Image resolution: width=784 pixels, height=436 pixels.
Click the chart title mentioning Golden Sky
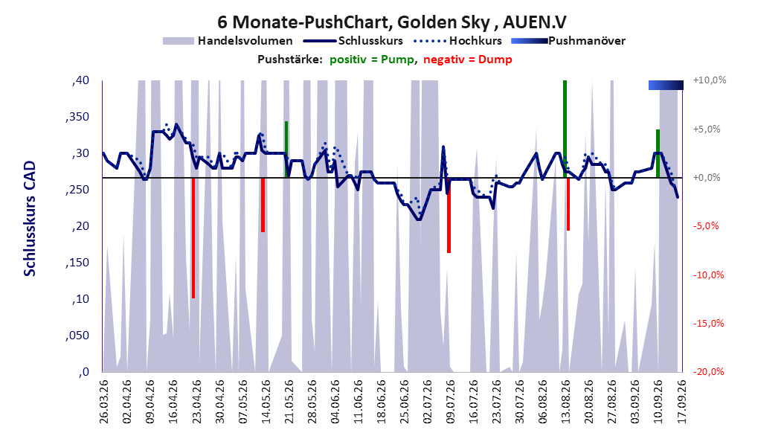coord(392,22)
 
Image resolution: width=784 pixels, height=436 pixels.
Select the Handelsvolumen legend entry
coord(228,41)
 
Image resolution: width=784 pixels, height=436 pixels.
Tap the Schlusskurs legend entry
coord(353,41)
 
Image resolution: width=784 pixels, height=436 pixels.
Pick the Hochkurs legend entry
coord(457,41)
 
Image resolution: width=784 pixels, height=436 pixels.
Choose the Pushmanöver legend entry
coord(568,41)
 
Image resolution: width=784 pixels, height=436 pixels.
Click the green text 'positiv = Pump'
coord(372,60)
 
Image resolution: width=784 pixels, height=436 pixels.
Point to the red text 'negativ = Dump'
coord(468,60)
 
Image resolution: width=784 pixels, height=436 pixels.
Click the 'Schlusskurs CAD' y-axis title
coord(30,219)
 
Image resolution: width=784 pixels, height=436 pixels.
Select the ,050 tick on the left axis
coord(77,336)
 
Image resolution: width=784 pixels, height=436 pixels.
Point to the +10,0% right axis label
coord(710,80)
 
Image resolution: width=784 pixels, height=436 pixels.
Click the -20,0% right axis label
coord(708,371)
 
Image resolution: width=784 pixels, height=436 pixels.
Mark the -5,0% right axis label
coord(706,226)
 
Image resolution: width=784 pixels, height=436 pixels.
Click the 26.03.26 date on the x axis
coord(104,402)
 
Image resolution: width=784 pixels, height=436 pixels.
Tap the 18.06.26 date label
coord(381,402)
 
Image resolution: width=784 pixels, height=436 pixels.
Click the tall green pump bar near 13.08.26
coord(565,129)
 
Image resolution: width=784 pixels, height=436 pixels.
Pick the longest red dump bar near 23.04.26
coord(193,238)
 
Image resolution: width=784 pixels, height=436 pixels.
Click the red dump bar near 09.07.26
coord(449,216)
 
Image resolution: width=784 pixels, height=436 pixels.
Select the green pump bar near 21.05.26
coord(286,149)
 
